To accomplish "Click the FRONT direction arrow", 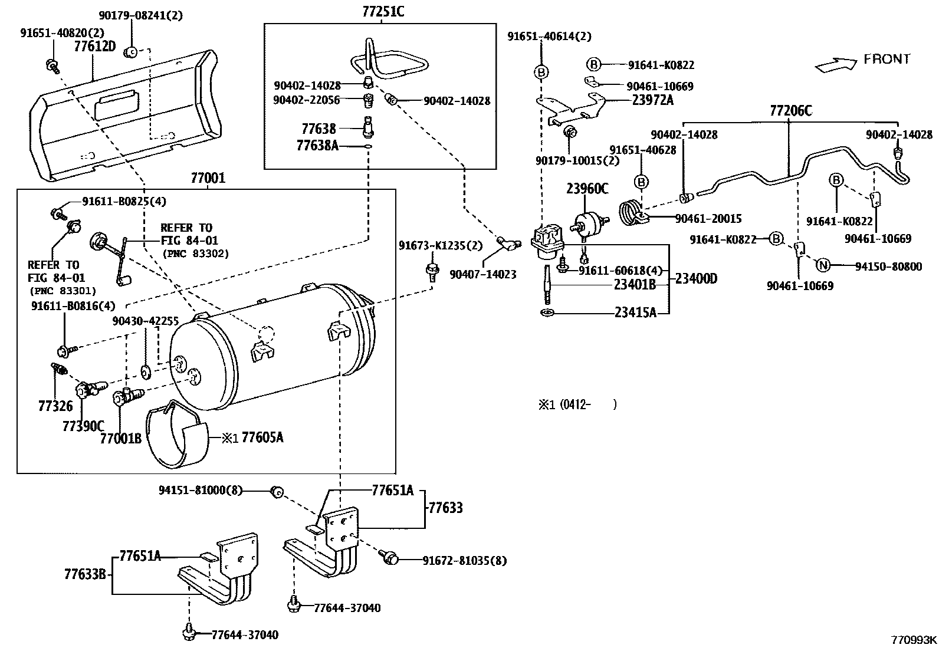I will pos(834,65).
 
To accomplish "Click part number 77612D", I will pos(95,46).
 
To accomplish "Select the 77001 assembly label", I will pos(208,178).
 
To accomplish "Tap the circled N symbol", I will pos(823,265).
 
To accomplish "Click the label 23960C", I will pos(587,189).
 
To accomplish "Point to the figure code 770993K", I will pos(913,639).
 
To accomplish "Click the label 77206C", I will pos(790,111).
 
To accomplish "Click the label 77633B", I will pos(85,574).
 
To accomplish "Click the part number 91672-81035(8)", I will pos(464,560).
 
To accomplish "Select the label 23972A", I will pos(652,100).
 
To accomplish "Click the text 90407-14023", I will pos(482,274).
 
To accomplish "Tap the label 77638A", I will pos(317,145).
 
